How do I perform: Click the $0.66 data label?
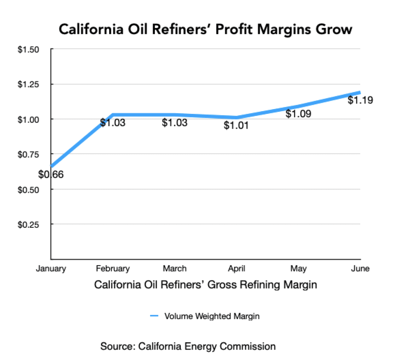click(51, 174)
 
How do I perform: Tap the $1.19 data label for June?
click(360, 100)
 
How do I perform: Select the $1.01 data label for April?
click(236, 126)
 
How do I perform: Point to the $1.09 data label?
click(298, 114)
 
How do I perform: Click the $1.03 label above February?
click(113, 123)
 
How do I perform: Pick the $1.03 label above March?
click(175, 123)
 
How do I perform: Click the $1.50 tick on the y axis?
click(28, 49)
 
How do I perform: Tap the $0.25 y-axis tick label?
click(28, 224)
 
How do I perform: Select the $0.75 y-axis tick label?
click(28, 154)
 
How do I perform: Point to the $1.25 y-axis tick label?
click(28, 84)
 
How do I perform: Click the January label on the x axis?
click(51, 268)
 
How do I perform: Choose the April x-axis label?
click(237, 268)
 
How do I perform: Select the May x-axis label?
click(298, 268)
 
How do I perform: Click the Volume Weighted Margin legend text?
click(212, 317)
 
